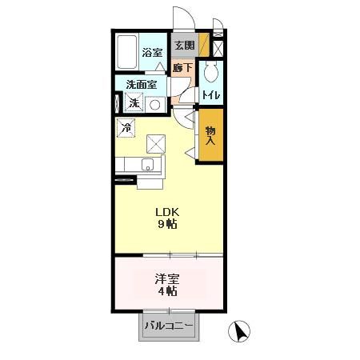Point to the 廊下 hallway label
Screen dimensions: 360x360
click(183, 68)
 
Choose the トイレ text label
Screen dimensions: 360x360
click(211, 96)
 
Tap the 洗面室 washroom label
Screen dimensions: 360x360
click(141, 84)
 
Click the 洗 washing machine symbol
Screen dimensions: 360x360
click(134, 103)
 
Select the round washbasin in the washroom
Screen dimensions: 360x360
click(156, 103)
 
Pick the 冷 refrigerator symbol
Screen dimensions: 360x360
click(126, 126)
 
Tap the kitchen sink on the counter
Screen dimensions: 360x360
click(146, 166)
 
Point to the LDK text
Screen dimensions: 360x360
click(167, 212)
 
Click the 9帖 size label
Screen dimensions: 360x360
click(167, 225)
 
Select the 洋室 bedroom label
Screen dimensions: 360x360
click(167, 279)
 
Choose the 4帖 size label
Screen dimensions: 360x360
click(167, 292)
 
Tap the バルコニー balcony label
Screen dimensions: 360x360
click(169, 327)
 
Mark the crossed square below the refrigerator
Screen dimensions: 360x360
click(156, 144)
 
